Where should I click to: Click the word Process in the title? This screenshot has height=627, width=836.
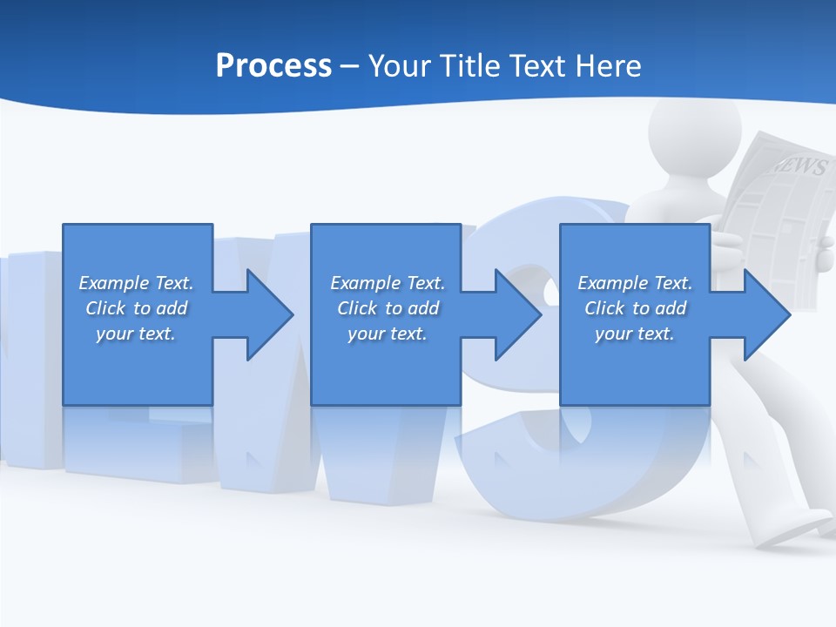click(x=273, y=66)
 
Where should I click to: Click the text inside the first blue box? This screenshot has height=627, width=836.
click(x=136, y=308)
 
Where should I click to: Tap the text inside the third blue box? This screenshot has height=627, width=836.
click(x=635, y=308)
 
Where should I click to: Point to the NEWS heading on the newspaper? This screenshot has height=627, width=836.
click(x=798, y=165)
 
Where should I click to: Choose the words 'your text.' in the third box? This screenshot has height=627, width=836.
click(x=635, y=334)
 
